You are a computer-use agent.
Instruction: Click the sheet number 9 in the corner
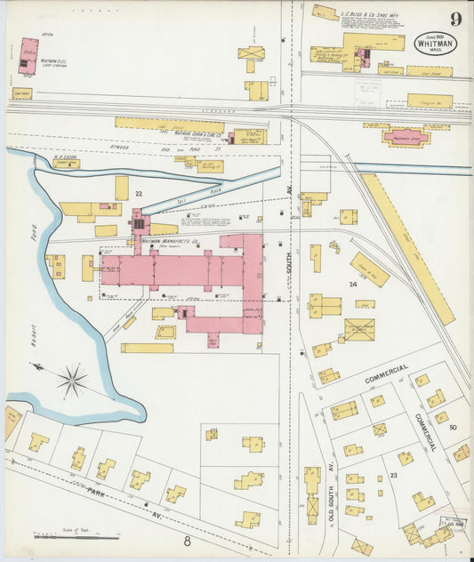(x=455, y=19)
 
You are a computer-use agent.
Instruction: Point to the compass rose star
(x=71, y=381)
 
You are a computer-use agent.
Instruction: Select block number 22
(x=138, y=193)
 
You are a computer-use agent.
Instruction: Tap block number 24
(x=352, y=285)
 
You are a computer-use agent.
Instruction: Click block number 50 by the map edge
(x=453, y=428)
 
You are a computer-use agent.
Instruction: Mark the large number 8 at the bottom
(x=188, y=540)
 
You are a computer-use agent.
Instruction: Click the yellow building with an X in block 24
(x=359, y=330)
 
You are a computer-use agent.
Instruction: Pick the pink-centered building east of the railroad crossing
(x=405, y=136)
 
